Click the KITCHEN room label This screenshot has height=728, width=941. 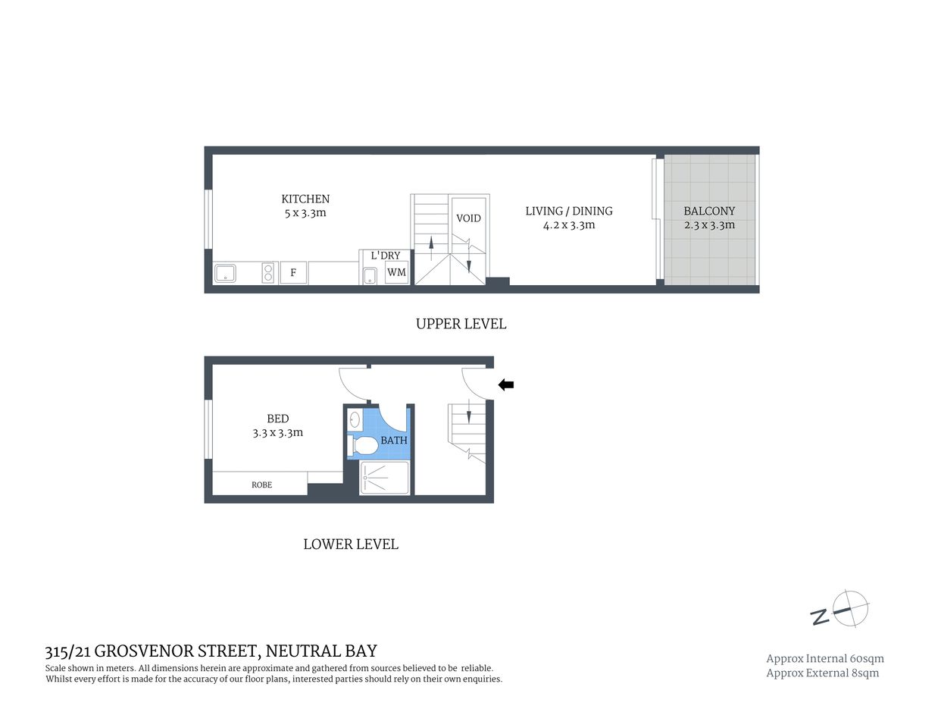point(305,199)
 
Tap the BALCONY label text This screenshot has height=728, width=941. point(709,212)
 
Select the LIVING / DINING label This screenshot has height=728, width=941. point(569,212)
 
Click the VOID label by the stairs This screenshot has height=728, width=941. point(468,218)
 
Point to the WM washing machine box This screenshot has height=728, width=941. point(396,272)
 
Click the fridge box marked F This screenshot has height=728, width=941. point(293,273)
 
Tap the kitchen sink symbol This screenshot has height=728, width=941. point(225,273)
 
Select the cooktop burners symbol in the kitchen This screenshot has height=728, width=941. point(268,273)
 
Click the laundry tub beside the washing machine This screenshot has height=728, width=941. point(370,275)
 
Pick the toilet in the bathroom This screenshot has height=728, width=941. point(362,445)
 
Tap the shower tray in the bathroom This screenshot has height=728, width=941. point(384,478)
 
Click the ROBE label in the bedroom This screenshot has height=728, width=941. point(261,485)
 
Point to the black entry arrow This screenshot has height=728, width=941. point(505,385)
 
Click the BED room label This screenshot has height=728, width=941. point(277,419)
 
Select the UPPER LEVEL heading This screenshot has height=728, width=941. point(461,324)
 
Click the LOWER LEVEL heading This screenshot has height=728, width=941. point(351,544)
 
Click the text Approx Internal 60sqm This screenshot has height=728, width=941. point(825,659)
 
